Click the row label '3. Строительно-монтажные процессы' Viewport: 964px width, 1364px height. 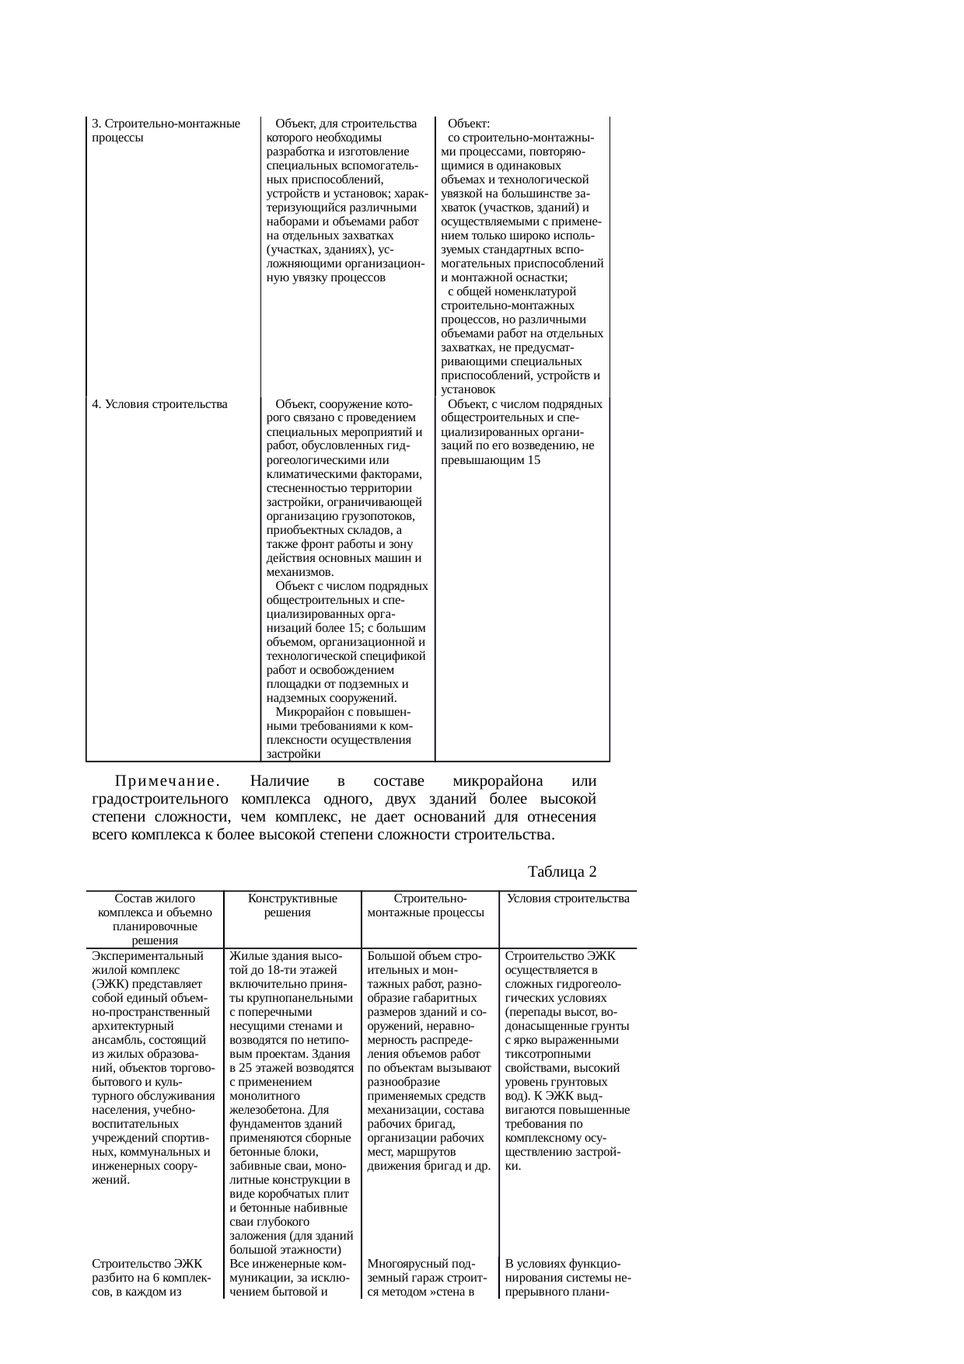pyautogui.click(x=165, y=131)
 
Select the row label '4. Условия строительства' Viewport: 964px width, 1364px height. pyautogui.click(x=159, y=404)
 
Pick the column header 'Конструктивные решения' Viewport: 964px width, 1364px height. pyautogui.click(x=292, y=905)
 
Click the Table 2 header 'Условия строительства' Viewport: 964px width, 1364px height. pyautogui.click(x=568, y=898)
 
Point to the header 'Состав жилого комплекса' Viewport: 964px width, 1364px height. pyautogui.click(x=155, y=905)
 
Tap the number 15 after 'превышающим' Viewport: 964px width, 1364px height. pyautogui.click(x=533, y=460)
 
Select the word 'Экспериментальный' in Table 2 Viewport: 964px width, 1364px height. pyautogui.click(x=147, y=956)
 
